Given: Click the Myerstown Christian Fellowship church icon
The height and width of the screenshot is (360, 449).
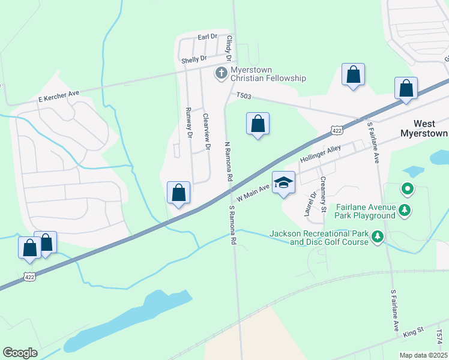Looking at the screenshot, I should coord(221,73).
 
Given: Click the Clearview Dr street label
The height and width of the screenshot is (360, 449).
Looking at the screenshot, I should coord(206,131).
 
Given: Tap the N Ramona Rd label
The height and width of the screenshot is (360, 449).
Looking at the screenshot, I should coord(228,162).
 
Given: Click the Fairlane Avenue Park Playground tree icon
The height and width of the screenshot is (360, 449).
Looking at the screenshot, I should coord(406,210).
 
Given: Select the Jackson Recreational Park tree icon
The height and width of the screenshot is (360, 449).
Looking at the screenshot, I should coord(378,237).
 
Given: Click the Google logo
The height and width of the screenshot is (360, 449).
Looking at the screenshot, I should coord(20,353).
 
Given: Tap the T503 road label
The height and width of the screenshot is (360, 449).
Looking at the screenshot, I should coord(243,95).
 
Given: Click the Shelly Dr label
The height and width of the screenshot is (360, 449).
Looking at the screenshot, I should coord(193,59).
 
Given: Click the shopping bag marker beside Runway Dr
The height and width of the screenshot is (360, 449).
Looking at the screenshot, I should coord(179,193).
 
